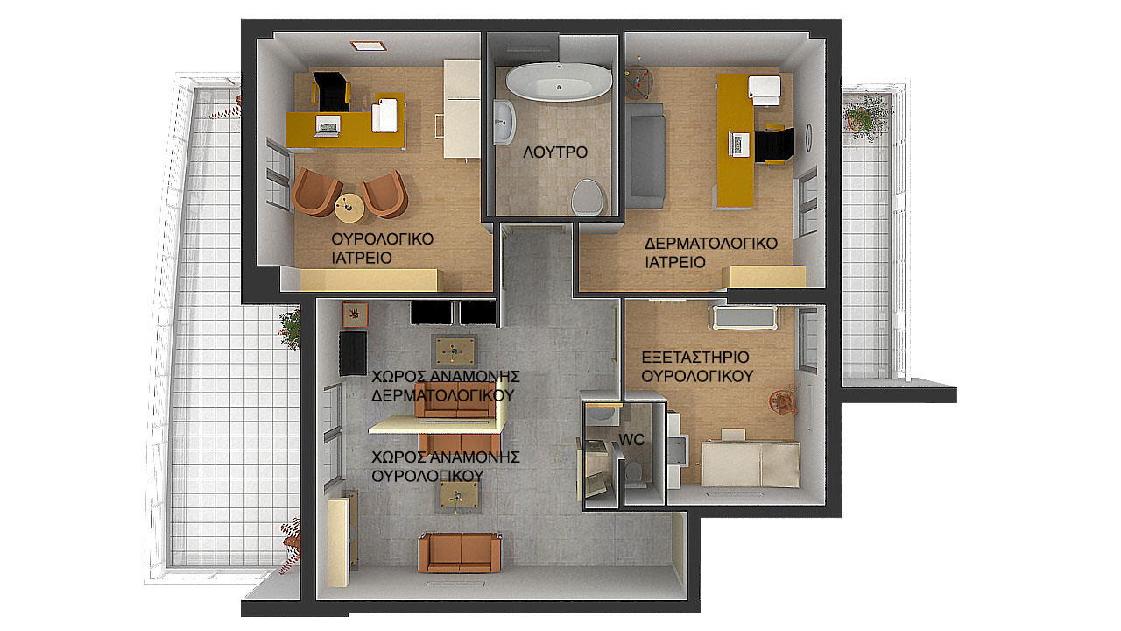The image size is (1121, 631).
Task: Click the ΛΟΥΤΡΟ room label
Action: (555, 152)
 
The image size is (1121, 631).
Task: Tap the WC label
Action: (631, 440)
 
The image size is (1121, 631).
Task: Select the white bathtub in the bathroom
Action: (559, 82)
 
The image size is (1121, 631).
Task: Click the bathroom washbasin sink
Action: (504, 122)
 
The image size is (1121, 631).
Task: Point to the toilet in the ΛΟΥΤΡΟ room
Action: (587, 197)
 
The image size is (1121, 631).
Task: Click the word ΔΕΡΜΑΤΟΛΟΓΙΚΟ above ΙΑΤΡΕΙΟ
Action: (710, 244)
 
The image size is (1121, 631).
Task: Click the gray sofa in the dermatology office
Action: (645, 156)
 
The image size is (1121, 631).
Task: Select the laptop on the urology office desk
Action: (328, 125)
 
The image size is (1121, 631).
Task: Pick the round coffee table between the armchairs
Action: (349, 208)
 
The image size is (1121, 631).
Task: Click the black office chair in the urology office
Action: (331, 92)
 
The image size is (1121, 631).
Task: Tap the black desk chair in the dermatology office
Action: (774, 145)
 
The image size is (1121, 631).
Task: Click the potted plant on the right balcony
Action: (864, 117)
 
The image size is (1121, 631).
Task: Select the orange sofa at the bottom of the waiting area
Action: (460, 552)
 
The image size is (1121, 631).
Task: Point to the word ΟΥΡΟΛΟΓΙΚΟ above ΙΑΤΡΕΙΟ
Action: (383, 239)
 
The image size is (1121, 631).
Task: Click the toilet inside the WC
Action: (635, 473)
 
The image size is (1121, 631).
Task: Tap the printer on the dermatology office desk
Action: (765, 90)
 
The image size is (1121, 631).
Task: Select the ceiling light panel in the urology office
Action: (369, 46)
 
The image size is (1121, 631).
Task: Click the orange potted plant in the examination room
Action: (784, 400)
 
